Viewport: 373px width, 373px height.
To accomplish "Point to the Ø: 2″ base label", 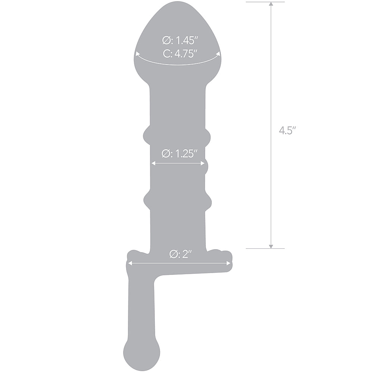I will (x=180, y=254).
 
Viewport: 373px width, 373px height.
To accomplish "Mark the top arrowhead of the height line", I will (x=271, y=4).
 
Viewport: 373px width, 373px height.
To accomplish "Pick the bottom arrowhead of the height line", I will (x=271, y=245).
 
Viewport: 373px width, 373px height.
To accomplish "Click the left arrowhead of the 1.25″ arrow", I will (x=152, y=163).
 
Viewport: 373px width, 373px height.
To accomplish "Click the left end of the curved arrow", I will (x=137, y=54).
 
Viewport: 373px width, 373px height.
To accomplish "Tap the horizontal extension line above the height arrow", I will (x=265, y=2).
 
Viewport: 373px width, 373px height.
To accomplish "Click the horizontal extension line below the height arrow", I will (x=265, y=248).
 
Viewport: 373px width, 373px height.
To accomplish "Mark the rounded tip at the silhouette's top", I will (x=178, y=11).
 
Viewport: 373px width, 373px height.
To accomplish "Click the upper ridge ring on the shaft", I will (x=178, y=135).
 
